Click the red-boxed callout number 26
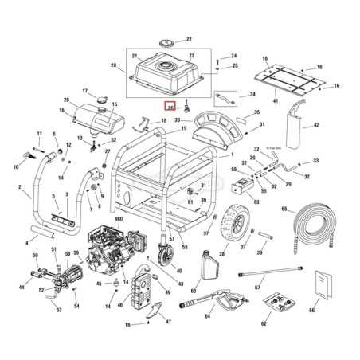pyautogui.click(x=170, y=107)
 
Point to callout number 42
pyautogui.click(x=315, y=126)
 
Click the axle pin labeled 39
pyautogui.click(x=252, y=233)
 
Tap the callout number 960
pyautogui.click(x=120, y=218)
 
